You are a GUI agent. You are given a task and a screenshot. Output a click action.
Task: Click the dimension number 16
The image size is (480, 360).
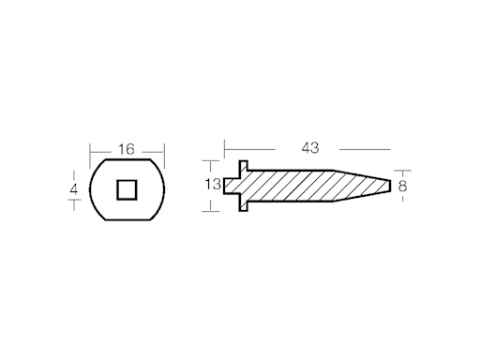point(127,149)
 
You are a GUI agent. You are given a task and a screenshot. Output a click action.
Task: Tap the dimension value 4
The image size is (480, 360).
point(73,190)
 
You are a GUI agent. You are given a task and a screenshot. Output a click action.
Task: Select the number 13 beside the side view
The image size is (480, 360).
point(212,185)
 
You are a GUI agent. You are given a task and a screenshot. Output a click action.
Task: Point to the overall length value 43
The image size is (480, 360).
point(310,147)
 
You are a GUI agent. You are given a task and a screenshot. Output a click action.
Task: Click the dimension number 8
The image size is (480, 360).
point(402,186)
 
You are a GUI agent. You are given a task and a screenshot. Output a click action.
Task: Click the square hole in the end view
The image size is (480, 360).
point(127,189)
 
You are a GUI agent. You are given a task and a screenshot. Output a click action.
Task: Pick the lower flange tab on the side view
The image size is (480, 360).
point(241,204)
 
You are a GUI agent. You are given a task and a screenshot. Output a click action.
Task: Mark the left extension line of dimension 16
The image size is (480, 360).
point(90,155)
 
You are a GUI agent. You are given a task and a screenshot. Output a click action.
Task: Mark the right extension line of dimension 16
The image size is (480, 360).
point(164,155)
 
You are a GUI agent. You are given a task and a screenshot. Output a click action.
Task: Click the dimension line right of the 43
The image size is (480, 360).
point(364,148)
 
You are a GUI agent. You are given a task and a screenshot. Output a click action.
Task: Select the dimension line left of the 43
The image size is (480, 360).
point(248,148)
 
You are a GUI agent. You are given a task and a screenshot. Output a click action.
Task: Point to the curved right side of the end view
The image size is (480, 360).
point(166,189)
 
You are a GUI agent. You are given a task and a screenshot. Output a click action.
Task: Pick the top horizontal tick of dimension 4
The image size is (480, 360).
point(73,171)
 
